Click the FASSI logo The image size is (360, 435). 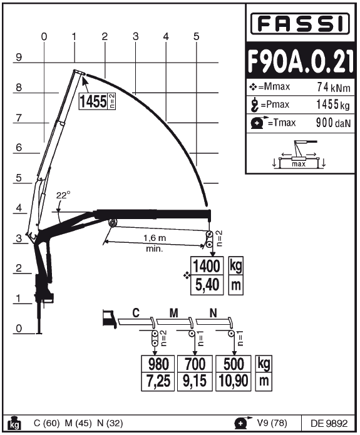(x=300, y=24)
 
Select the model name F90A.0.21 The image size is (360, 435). (x=301, y=61)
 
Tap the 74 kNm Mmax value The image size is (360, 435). (x=333, y=88)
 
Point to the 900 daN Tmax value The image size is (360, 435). (x=333, y=123)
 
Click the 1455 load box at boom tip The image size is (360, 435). (x=97, y=101)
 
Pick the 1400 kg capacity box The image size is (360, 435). (x=207, y=266)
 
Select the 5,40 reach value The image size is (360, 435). (x=207, y=285)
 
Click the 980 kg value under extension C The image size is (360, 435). (x=158, y=364)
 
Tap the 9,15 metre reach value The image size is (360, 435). (x=195, y=381)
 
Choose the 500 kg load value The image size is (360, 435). (x=234, y=364)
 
